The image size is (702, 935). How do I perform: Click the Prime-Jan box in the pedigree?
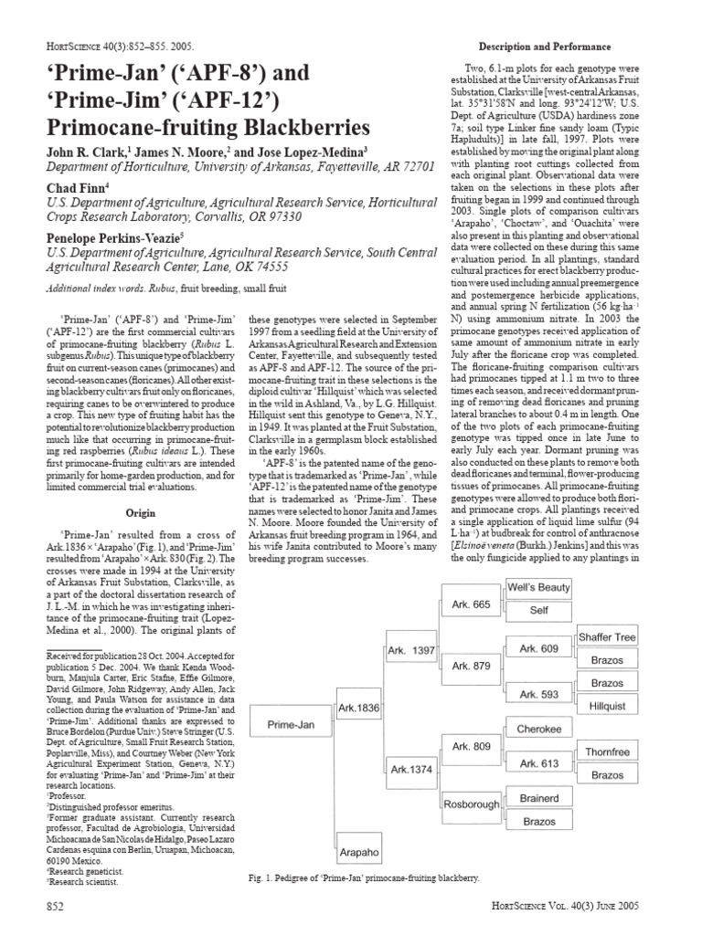click(x=291, y=724)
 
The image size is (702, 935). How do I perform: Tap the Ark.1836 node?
click(x=359, y=708)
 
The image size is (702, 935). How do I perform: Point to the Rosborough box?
click(x=471, y=804)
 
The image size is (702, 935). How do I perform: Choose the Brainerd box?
click(x=539, y=798)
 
